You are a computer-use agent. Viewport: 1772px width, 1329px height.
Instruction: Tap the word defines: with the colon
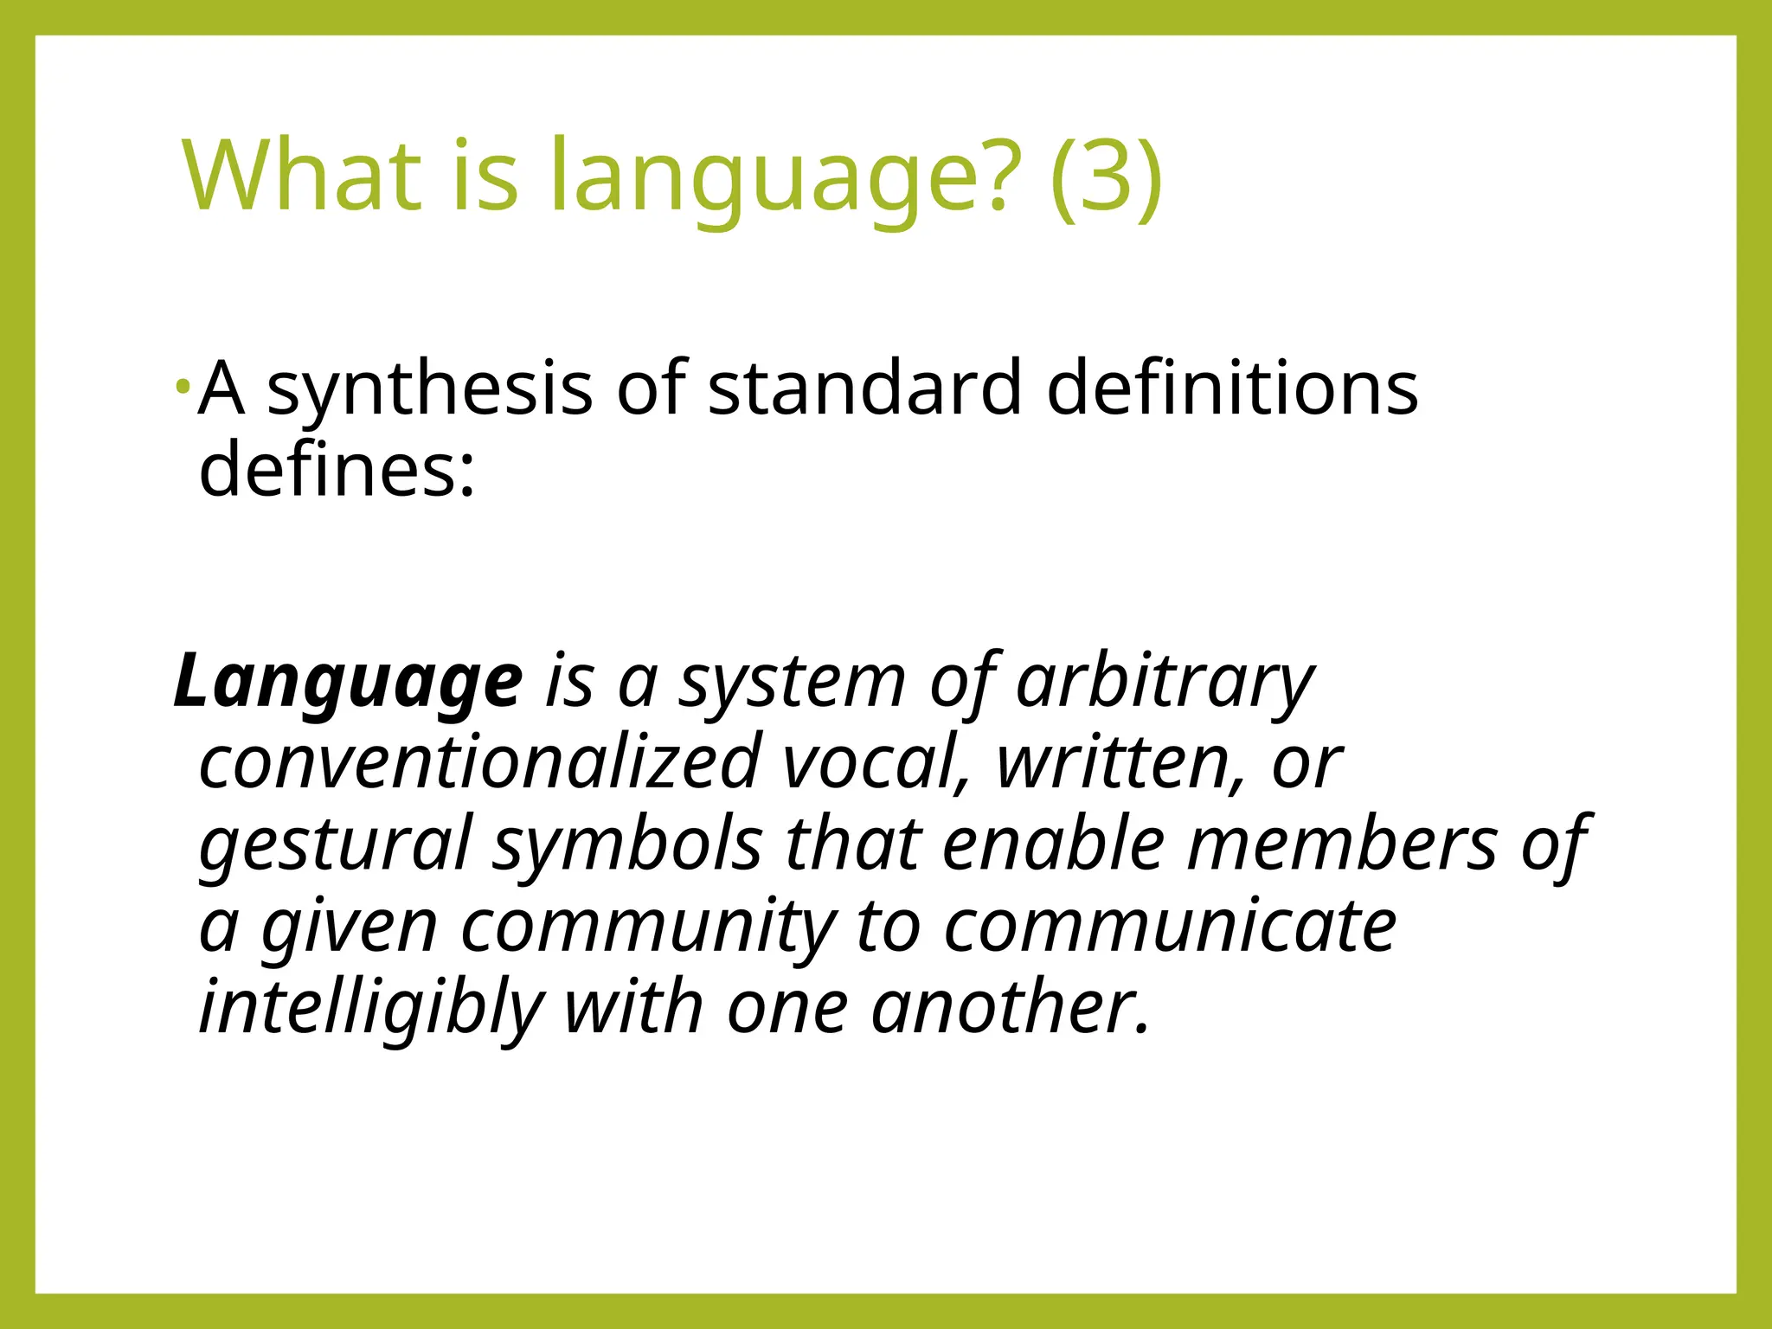[337, 469]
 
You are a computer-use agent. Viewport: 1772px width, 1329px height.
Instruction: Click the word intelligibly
[370, 1009]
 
